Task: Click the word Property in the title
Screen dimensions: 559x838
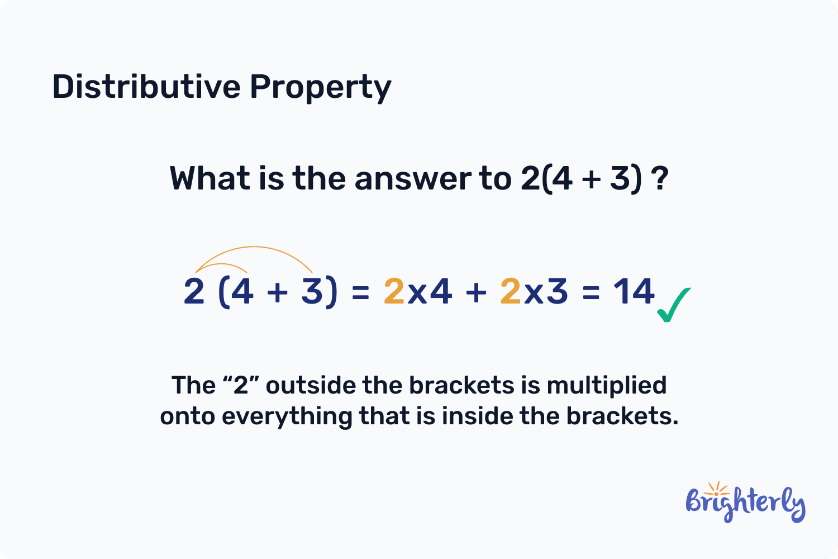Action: tap(320, 88)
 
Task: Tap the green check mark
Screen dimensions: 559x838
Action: tap(673, 305)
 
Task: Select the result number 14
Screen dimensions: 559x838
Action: tap(634, 291)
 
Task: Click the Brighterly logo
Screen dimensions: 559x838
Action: tap(745, 503)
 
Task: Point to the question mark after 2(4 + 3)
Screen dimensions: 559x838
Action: tap(660, 179)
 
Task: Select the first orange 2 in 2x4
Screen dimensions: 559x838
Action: tap(394, 291)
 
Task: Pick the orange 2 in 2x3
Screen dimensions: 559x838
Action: tap(511, 291)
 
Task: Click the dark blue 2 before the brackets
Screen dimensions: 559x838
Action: tap(194, 291)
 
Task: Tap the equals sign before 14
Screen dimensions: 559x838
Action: tap(591, 292)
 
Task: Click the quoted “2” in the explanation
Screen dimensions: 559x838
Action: tap(240, 385)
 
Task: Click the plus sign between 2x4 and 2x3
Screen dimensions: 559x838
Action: tap(476, 292)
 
